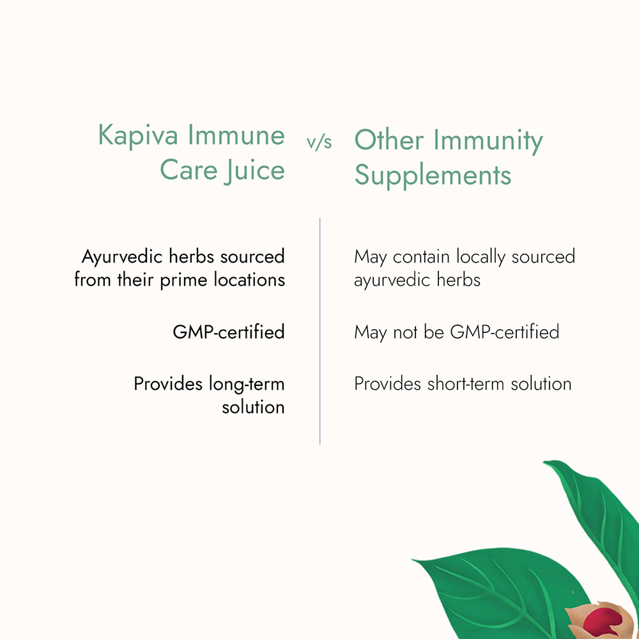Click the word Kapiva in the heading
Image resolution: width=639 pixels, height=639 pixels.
click(138, 136)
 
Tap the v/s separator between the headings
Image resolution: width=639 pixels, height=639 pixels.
click(319, 142)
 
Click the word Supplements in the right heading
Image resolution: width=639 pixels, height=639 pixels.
click(433, 176)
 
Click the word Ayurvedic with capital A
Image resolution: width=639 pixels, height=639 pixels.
click(122, 258)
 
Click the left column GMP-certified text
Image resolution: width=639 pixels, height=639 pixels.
click(229, 332)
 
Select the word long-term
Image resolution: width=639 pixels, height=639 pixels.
click(247, 384)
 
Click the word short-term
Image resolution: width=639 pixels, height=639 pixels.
click(466, 383)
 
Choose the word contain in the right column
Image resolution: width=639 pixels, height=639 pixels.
click(421, 257)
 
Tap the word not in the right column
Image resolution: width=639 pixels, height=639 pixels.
click(405, 332)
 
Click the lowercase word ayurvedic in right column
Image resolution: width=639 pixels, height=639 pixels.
click(392, 281)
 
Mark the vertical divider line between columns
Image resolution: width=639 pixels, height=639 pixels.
click(320, 331)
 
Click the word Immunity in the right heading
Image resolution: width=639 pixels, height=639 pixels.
click(488, 141)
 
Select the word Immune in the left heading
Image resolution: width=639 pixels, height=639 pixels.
click(236, 135)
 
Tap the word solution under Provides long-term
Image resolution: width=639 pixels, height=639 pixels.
click(253, 407)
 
